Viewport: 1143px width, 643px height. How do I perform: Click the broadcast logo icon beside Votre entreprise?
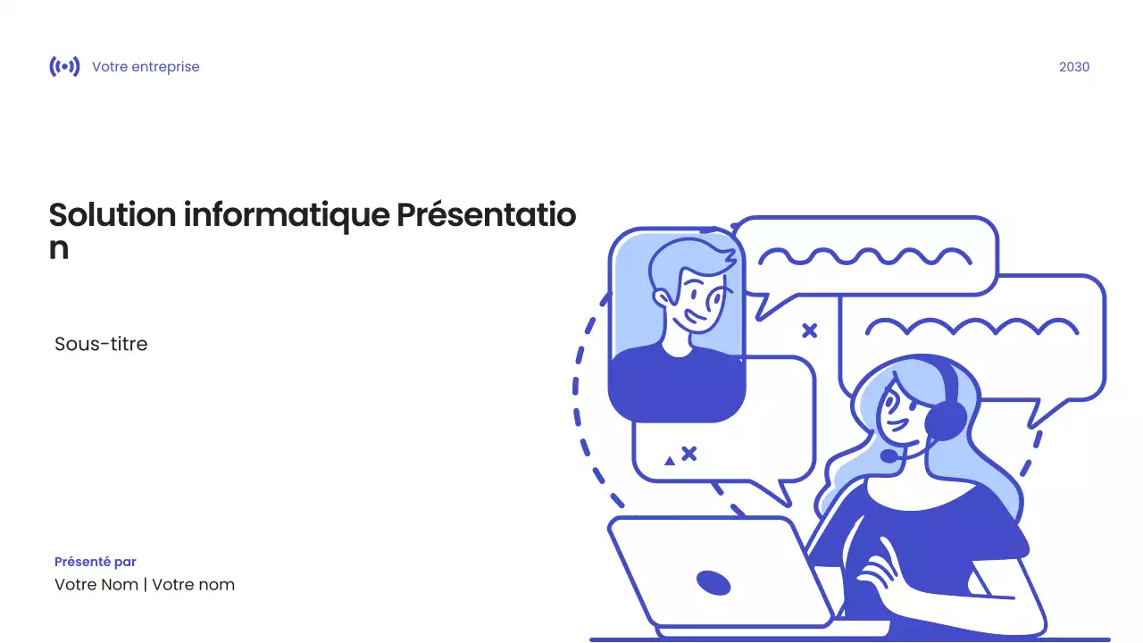pos(64,67)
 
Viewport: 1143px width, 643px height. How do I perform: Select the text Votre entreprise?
pos(146,67)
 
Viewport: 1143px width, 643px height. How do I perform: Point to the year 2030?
pos(1073,67)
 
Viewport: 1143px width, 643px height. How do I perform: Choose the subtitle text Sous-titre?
pos(101,344)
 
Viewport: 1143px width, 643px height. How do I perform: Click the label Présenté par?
pos(96,562)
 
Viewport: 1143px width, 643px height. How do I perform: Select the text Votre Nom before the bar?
pos(96,585)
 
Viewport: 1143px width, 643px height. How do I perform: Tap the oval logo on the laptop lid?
pos(713,583)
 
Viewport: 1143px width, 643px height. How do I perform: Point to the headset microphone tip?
pos(889,455)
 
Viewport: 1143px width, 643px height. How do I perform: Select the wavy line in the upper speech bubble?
pos(864,257)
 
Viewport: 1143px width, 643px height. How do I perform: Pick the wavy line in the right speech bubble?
pos(972,326)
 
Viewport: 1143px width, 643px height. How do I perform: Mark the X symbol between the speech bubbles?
pos(809,330)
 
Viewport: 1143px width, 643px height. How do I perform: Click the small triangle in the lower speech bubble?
pos(670,461)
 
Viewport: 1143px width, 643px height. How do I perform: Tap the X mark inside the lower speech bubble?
pos(688,454)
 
